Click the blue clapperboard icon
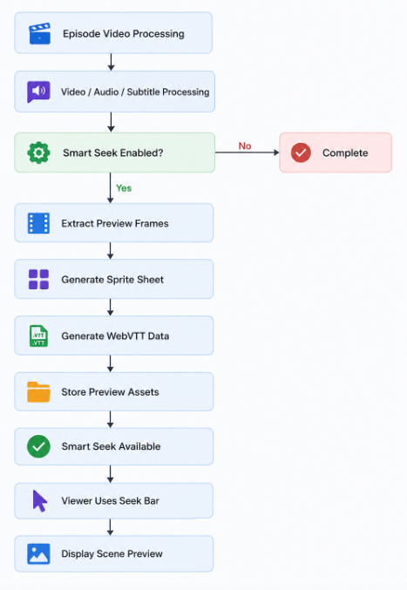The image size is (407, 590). [x=39, y=33]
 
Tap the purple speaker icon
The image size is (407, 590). [x=38, y=92]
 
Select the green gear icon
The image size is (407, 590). [x=38, y=153]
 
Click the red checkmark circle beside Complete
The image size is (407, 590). [x=301, y=153]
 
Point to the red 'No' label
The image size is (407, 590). [x=245, y=146]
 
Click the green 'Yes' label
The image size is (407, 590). [x=124, y=188]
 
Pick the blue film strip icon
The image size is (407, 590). [x=38, y=223]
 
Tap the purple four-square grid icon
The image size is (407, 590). [x=38, y=279]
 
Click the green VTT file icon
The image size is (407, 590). [x=38, y=336]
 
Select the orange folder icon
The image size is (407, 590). [x=38, y=391]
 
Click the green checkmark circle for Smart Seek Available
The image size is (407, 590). [x=38, y=446]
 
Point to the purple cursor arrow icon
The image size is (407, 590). [x=39, y=501]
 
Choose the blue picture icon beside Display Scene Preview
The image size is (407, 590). [x=38, y=554]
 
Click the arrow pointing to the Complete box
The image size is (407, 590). [x=248, y=153]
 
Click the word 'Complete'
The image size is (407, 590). [x=345, y=153]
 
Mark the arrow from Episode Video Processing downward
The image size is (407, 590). [x=111, y=62]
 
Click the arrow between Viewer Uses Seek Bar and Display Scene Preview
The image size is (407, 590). [x=110, y=527]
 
